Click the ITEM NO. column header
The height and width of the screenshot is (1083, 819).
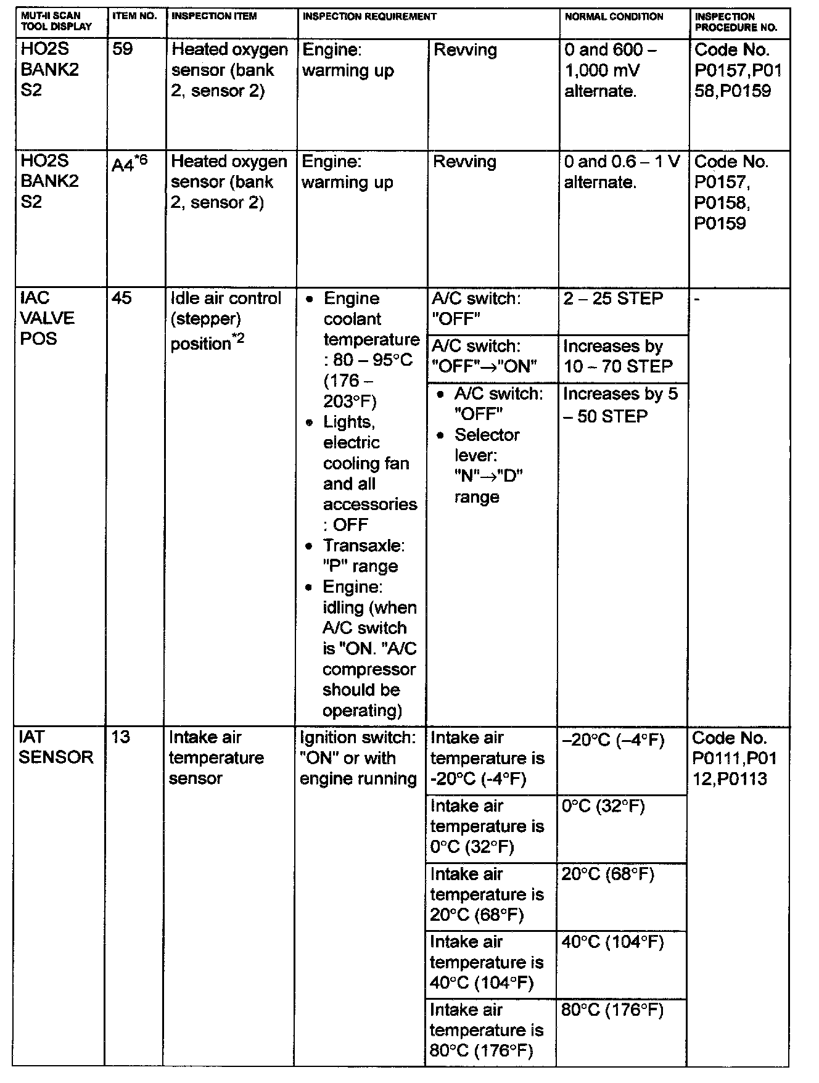coord(134,16)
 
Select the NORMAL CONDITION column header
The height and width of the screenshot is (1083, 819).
coord(614,17)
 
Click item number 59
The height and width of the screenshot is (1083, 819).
coord(123,49)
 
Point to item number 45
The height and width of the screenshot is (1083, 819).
coord(122,298)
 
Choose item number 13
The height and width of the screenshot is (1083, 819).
coord(121,737)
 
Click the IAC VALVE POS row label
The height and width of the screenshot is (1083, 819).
coord(47,318)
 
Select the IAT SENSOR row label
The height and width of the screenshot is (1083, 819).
coord(56,747)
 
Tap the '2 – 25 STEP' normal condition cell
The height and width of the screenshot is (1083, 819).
coord(613,299)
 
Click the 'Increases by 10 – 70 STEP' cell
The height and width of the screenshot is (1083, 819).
coord(618,356)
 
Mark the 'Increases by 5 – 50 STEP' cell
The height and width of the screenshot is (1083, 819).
coord(620,405)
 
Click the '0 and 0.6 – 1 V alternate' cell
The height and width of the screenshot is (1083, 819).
coord(622,172)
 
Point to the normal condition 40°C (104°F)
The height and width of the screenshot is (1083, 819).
coord(612,942)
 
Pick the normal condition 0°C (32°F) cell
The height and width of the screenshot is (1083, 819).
coord(603,806)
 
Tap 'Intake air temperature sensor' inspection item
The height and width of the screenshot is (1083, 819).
coord(216,757)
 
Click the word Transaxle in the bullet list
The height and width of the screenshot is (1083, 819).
coord(363,546)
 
